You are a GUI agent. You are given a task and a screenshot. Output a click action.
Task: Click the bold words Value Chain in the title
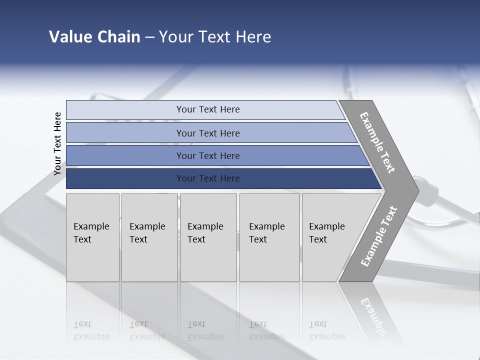[94, 37]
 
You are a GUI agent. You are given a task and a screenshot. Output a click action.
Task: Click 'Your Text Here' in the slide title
[215, 37]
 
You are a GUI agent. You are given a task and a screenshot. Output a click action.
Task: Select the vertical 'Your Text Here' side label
[57, 143]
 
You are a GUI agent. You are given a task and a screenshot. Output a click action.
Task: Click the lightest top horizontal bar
[125, 110]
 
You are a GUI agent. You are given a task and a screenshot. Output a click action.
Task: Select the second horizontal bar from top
[125, 133]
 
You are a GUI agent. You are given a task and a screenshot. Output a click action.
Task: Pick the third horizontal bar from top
[125, 155]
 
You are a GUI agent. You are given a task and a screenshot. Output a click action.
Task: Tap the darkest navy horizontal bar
[125, 178]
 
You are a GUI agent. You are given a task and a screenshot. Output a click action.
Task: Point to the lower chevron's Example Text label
[379, 236]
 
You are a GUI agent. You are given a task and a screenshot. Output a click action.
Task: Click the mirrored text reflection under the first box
[91, 330]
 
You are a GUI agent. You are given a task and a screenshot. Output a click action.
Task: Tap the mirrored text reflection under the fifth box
[326, 330]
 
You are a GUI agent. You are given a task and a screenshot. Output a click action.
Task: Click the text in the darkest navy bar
[208, 178]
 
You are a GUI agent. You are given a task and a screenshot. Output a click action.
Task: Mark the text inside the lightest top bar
[208, 109]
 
